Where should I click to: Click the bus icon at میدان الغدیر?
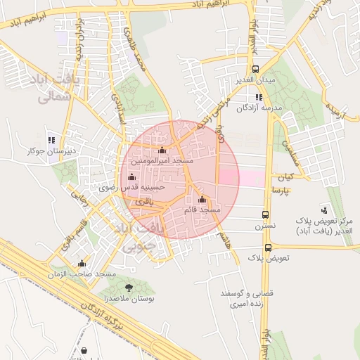pos(255,70)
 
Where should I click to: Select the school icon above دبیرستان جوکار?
pos(50,139)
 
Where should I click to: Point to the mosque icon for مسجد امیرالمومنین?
pos(162,150)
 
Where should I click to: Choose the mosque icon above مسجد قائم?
pos(202,199)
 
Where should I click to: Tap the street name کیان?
pos(285,177)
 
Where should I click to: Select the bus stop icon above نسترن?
pos(265,214)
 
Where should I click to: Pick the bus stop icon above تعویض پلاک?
pos(268,247)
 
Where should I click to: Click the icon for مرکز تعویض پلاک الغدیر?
pos(324,209)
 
